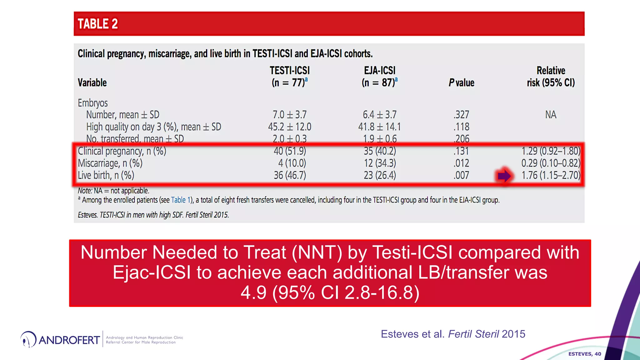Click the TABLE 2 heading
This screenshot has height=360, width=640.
[97, 24]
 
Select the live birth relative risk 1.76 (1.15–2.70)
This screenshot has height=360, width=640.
[551, 175]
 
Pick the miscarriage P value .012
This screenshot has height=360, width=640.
[461, 163]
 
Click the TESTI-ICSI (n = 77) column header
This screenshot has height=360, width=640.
[290, 77]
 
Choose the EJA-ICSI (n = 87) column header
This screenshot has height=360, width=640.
[380, 77]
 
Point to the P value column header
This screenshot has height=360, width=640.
[461, 82]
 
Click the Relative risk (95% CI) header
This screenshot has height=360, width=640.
[551, 77]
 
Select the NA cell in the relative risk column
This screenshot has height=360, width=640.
[551, 115]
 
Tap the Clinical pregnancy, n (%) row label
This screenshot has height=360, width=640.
[122, 151]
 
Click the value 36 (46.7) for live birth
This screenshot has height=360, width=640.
[290, 175]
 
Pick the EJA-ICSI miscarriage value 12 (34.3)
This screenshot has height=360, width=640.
[380, 163]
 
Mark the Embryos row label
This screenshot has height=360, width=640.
[92, 103]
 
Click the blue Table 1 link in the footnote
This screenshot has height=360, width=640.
[181, 200]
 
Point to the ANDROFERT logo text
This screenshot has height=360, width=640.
[69, 340]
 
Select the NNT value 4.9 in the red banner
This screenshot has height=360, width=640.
[253, 292]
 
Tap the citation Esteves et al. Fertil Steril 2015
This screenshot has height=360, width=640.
[453, 334]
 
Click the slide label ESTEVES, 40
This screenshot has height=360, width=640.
[584, 354]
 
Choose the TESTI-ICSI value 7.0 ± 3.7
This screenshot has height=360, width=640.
[290, 115]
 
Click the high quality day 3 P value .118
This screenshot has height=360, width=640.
[461, 127]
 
